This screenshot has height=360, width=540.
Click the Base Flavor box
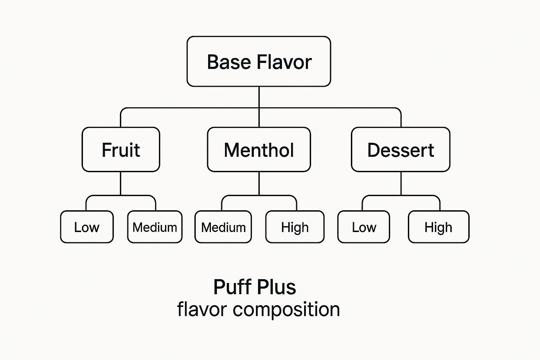[259, 62]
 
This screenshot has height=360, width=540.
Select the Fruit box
[121, 150]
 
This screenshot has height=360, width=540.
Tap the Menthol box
[259, 150]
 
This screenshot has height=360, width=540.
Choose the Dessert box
[400, 150]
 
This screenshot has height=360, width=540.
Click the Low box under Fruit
[87, 227]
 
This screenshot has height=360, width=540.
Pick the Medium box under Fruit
[155, 227]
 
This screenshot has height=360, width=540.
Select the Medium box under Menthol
[223, 227]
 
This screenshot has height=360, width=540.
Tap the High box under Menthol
[295, 227]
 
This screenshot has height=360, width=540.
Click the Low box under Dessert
[364, 227]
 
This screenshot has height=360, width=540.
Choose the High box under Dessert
[438, 227]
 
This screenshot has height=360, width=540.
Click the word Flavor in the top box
[284, 62]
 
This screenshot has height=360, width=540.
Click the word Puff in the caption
[232, 287]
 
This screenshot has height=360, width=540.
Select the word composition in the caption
[286, 310]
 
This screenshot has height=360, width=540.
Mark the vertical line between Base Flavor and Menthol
[259, 97]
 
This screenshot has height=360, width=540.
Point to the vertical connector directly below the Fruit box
[121, 183]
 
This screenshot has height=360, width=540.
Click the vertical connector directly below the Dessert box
[401, 183]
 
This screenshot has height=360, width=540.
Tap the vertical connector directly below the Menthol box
[259, 183]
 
